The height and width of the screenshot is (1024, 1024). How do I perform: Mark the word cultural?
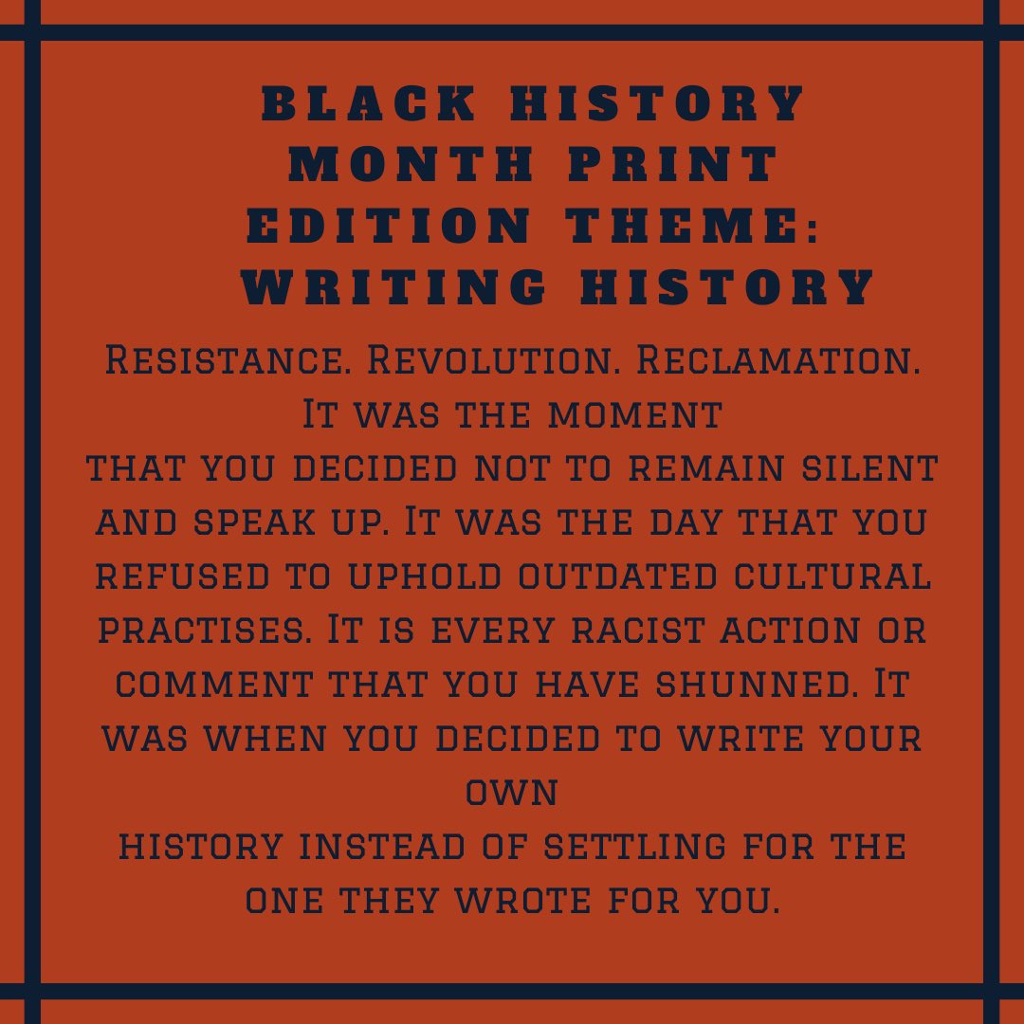(x=833, y=577)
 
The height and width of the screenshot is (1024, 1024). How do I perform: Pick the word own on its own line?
(x=512, y=794)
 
